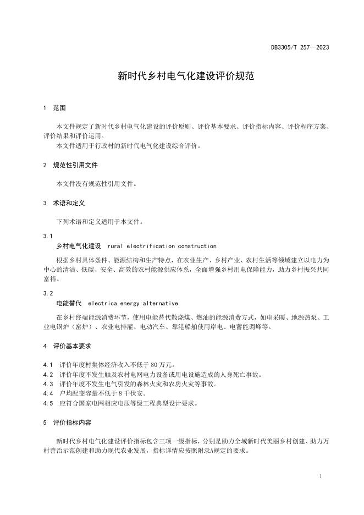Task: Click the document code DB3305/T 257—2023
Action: (300, 47)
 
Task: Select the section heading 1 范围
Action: (55, 108)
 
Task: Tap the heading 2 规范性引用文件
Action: (70, 165)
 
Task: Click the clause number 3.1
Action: (48, 236)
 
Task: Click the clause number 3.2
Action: (48, 293)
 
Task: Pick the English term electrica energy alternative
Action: (133, 303)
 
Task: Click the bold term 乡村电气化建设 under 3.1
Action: (79, 246)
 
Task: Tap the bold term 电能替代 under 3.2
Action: (69, 303)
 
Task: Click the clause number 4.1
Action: (48, 365)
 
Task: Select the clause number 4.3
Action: (48, 384)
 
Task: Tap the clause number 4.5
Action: (48, 403)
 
